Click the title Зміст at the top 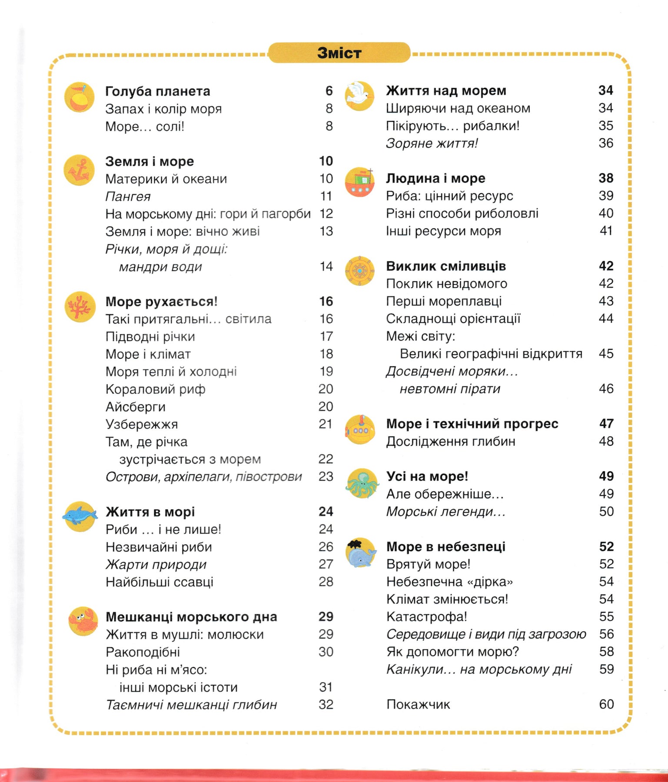[x=339, y=53]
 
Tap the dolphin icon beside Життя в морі [x=80, y=516]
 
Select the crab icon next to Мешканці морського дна [x=83, y=621]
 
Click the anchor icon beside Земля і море [x=79, y=170]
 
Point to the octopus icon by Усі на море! [x=362, y=483]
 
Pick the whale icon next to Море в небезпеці [x=361, y=553]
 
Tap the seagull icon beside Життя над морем [x=359, y=96]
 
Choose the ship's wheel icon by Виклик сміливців [x=360, y=271]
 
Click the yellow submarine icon [x=360, y=429]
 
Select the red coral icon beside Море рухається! [x=80, y=307]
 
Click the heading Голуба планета [x=158, y=91]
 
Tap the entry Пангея [x=128, y=196]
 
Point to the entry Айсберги [x=136, y=407]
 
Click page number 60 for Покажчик [x=606, y=704]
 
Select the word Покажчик [x=418, y=704]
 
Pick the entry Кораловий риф [x=156, y=389]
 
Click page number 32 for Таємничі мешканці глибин [x=326, y=704]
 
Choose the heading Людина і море [x=435, y=178]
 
